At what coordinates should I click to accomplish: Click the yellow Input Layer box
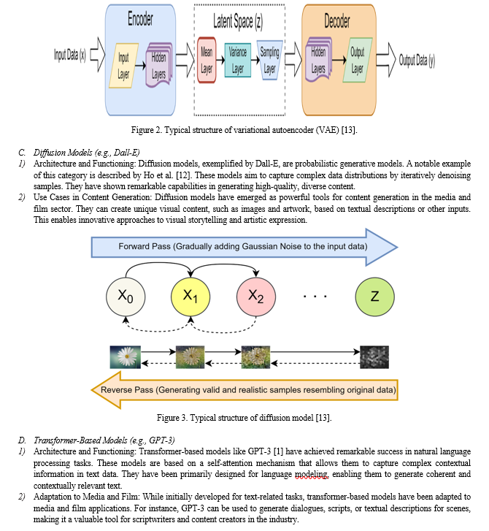tap(123, 65)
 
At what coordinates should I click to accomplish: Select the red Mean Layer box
tap(207, 60)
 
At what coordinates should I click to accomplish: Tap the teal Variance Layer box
tap(237, 60)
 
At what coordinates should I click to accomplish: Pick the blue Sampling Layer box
tap(270, 61)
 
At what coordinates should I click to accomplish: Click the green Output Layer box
tap(358, 60)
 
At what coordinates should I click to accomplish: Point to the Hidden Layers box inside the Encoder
tap(158, 65)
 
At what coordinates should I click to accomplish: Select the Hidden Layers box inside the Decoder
tap(318, 60)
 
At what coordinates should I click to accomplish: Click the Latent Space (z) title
tap(238, 21)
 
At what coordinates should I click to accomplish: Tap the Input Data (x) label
tap(70, 55)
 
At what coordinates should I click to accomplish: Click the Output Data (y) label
tap(417, 61)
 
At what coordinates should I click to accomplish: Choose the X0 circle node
tap(126, 297)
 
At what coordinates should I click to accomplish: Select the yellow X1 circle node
tap(190, 297)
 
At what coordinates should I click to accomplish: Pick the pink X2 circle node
tap(256, 297)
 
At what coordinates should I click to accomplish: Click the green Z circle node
tap(374, 297)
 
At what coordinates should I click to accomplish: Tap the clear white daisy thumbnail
tap(126, 357)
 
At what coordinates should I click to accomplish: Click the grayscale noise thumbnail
tap(374, 357)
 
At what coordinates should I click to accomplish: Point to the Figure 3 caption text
tap(244, 418)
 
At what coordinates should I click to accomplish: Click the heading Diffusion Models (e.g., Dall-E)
tap(86, 153)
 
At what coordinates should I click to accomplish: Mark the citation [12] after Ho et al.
tap(184, 175)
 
